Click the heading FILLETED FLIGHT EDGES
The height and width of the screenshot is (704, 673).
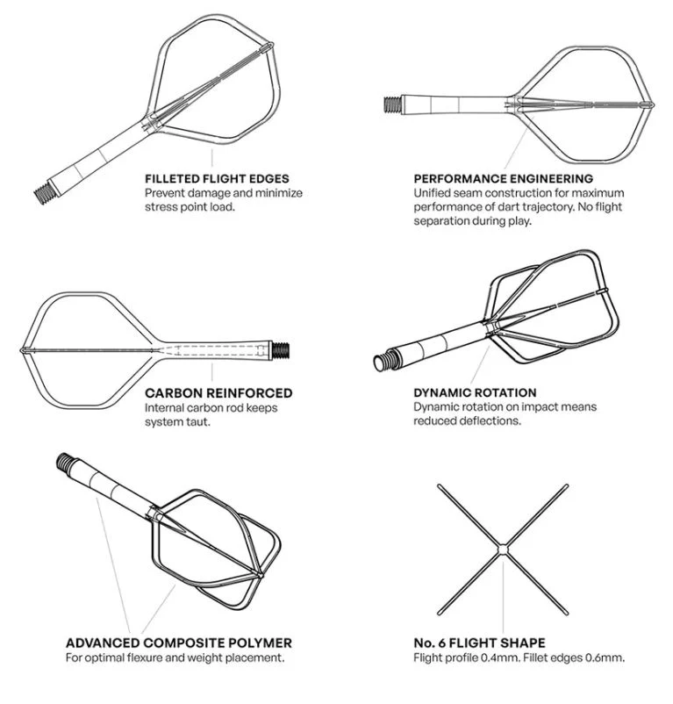(x=217, y=178)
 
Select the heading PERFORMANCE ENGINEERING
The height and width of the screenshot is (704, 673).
(x=503, y=178)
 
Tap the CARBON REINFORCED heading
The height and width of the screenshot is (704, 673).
(x=218, y=393)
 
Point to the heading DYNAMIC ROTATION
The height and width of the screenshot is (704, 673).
(x=475, y=392)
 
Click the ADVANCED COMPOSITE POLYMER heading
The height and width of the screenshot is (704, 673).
(x=179, y=643)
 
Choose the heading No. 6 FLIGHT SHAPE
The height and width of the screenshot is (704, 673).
(x=480, y=643)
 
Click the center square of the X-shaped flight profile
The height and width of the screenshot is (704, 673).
(x=503, y=549)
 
